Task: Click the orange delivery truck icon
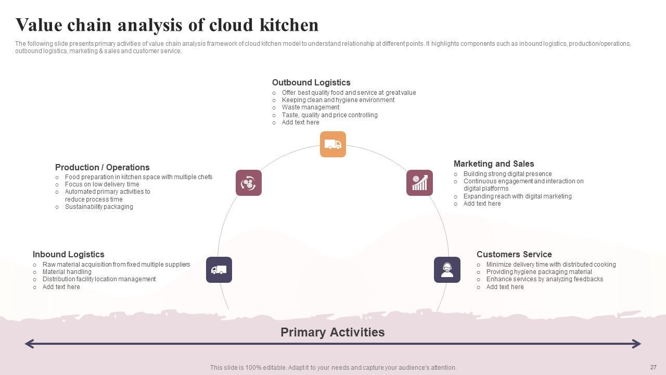pyautogui.click(x=333, y=144)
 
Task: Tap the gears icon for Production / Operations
pyautogui.click(x=249, y=183)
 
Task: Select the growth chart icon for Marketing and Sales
pyautogui.click(x=419, y=183)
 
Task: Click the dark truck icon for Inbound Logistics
pyautogui.click(x=219, y=270)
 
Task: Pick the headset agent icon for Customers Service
pyautogui.click(x=447, y=270)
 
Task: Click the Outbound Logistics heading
pyautogui.click(x=311, y=82)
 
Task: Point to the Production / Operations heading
pyautogui.click(x=103, y=167)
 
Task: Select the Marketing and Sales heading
pyautogui.click(x=494, y=164)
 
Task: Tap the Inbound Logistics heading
pyautogui.click(x=68, y=254)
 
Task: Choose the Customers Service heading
pyautogui.click(x=514, y=254)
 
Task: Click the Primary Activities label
pyautogui.click(x=332, y=332)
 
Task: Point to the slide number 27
pyautogui.click(x=653, y=367)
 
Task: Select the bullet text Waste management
pyautogui.click(x=311, y=107)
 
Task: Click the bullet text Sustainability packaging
pyautogui.click(x=99, y=207)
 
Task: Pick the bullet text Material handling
pyautogui.click(x=67, y=272)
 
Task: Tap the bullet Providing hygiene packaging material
pyautogui.click(x=539, y=272)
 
